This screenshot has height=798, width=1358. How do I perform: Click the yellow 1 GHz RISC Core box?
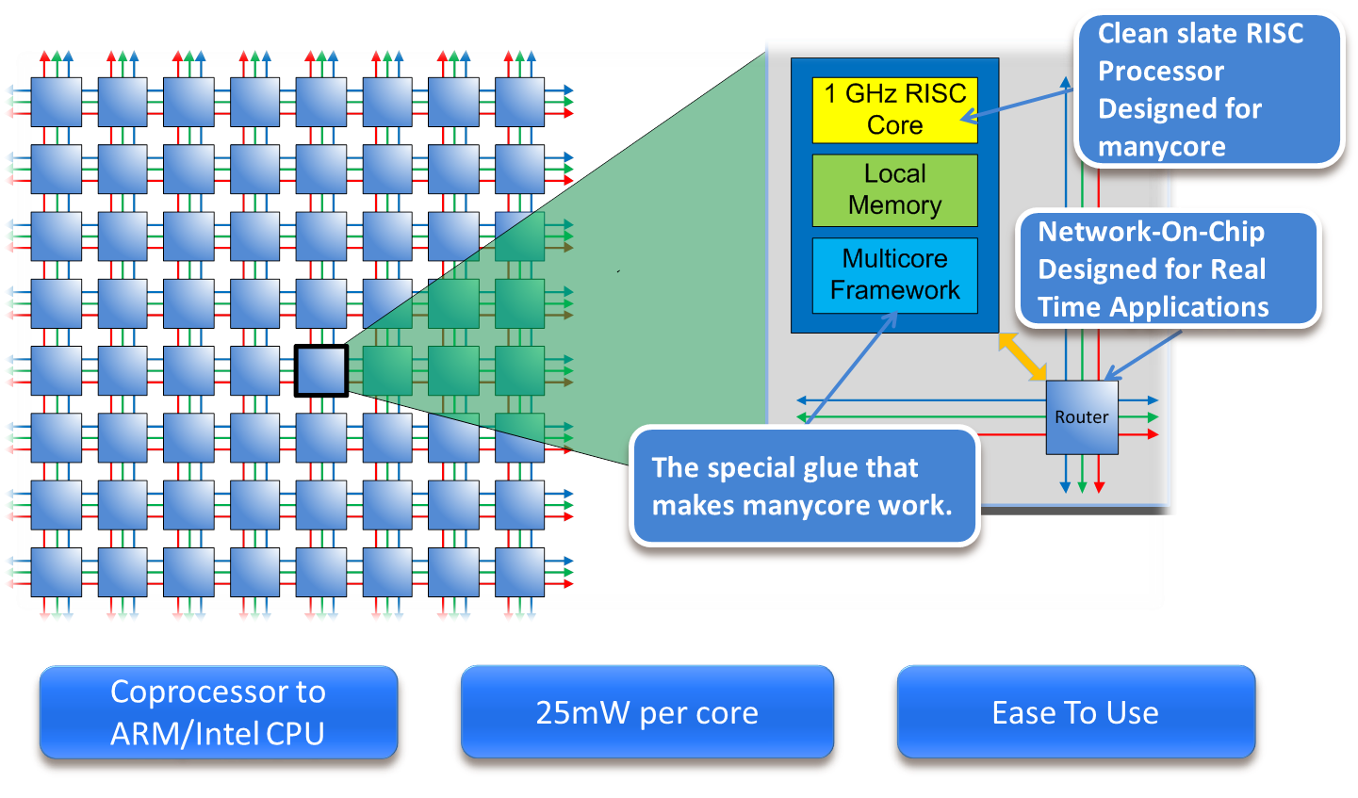[x=894, y=109]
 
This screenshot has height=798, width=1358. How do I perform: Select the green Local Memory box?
[x=894, y=189]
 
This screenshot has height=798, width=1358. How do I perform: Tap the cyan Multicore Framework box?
[x=894, y=274]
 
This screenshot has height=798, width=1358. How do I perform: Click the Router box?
[x=1082, y=417]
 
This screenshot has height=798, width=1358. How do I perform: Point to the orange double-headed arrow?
[x=1023, y=356]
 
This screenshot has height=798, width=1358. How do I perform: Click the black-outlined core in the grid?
[x=321, y=370]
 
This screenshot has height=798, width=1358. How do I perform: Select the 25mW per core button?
[x=646, y=712]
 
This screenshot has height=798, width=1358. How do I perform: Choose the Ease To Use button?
[x=1075, y=712]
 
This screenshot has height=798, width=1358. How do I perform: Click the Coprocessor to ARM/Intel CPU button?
[x=218, y=712]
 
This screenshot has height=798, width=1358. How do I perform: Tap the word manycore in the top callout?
[x=1162, y=147]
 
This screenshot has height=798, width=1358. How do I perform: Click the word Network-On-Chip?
[x=1151, y=232]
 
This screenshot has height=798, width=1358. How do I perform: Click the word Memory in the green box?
[x=894, y=205]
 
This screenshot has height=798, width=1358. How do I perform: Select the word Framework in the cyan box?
[x=894, y=290]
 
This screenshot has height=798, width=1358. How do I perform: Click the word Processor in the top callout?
[x=1161, y=72]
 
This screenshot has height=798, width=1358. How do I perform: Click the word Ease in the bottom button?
[x=1023, y=712]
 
